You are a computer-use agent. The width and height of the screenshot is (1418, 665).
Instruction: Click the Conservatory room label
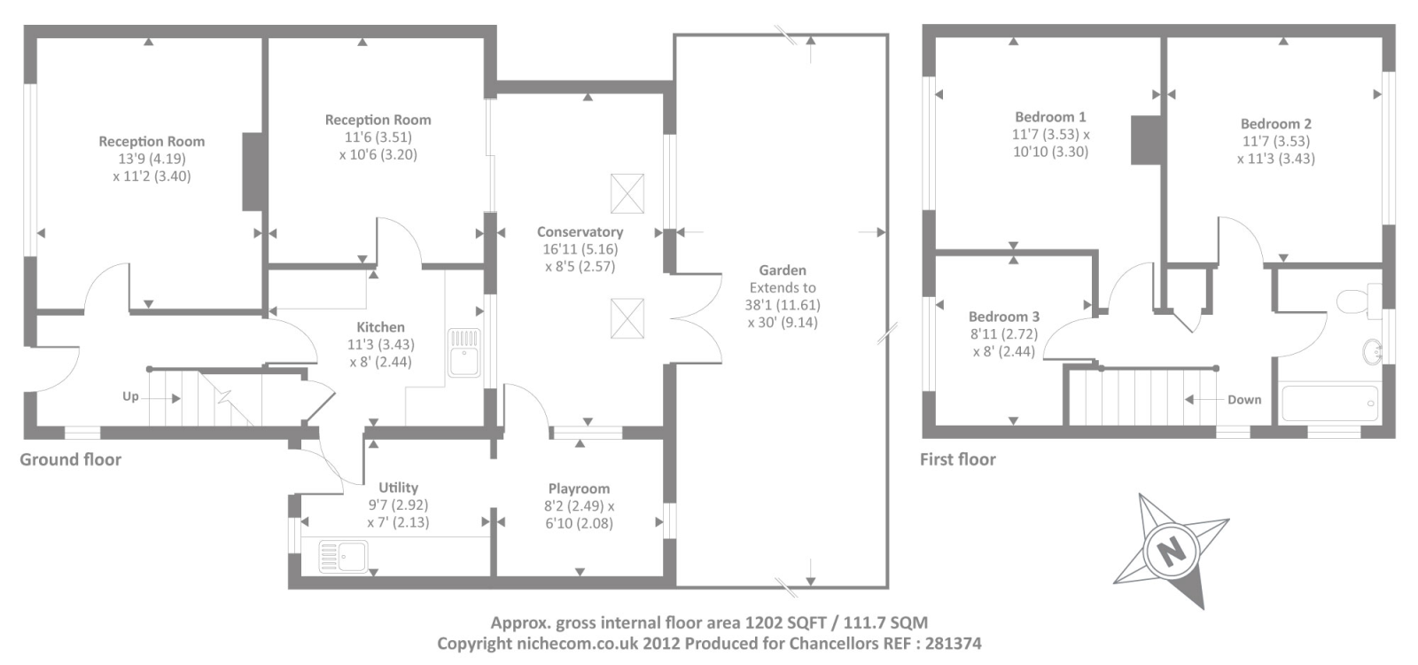click(x=580, y=231)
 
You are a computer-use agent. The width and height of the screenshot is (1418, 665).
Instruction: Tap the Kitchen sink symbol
click(x=464, y=353)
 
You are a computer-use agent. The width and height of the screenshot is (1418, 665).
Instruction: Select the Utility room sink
click(x=343, y=556)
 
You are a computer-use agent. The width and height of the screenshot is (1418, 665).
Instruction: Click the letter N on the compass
click(x=1171, y=551)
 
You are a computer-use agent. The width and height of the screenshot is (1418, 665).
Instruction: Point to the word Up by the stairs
click(x=130, y=396)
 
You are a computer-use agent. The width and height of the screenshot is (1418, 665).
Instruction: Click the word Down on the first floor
click(x=1244, y=400)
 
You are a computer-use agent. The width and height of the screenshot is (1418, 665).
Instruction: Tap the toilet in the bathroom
click(x=1360, y=301)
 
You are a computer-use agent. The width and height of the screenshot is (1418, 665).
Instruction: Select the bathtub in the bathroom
click(x=1329, y=403)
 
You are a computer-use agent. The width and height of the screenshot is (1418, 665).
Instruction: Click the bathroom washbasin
click(x=1372, y=351)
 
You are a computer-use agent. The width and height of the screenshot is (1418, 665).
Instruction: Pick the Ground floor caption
click(x=70, y=459)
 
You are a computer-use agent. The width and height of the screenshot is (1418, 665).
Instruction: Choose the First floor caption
click(x=958, y=459)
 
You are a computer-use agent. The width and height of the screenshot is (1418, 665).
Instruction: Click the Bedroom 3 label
click(x=1004, y=317)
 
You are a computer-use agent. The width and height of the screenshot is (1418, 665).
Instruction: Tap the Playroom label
click(x=580, y=489)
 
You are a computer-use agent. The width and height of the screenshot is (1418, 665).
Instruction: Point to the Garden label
click(x=783, y=270)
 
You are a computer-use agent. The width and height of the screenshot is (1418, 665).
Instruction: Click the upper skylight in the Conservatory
click(x=627, y=194)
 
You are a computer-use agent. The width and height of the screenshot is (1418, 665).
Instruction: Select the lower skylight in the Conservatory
click(x=627, y=318)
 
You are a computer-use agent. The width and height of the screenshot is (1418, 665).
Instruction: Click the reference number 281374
click(x=954, y=644)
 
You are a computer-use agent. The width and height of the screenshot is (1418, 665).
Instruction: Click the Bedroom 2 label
click(x=1275, y=124)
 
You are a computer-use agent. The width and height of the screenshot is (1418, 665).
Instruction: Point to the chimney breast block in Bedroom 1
click(x=1146, y=140)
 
